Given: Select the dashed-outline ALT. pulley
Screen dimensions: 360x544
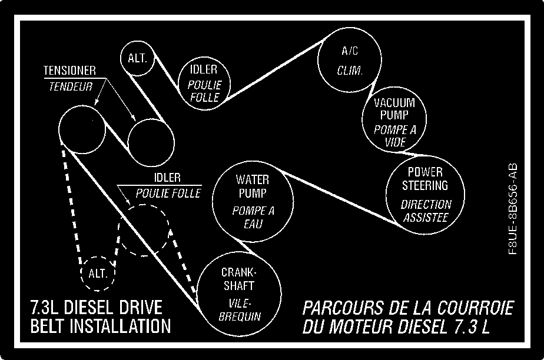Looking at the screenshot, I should [97, 274].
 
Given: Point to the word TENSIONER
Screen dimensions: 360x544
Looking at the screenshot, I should [69, 71].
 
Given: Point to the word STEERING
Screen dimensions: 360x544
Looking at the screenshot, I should [425, 185].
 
